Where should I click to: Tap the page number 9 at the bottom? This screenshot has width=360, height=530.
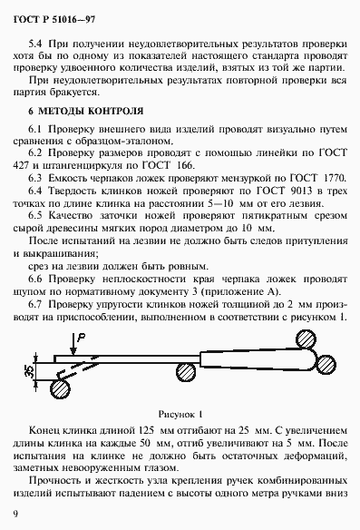click(x=17, y=515)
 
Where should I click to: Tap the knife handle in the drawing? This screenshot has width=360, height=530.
click(x=272, y=353)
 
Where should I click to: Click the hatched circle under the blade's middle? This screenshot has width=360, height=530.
click(x=186, y=371)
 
